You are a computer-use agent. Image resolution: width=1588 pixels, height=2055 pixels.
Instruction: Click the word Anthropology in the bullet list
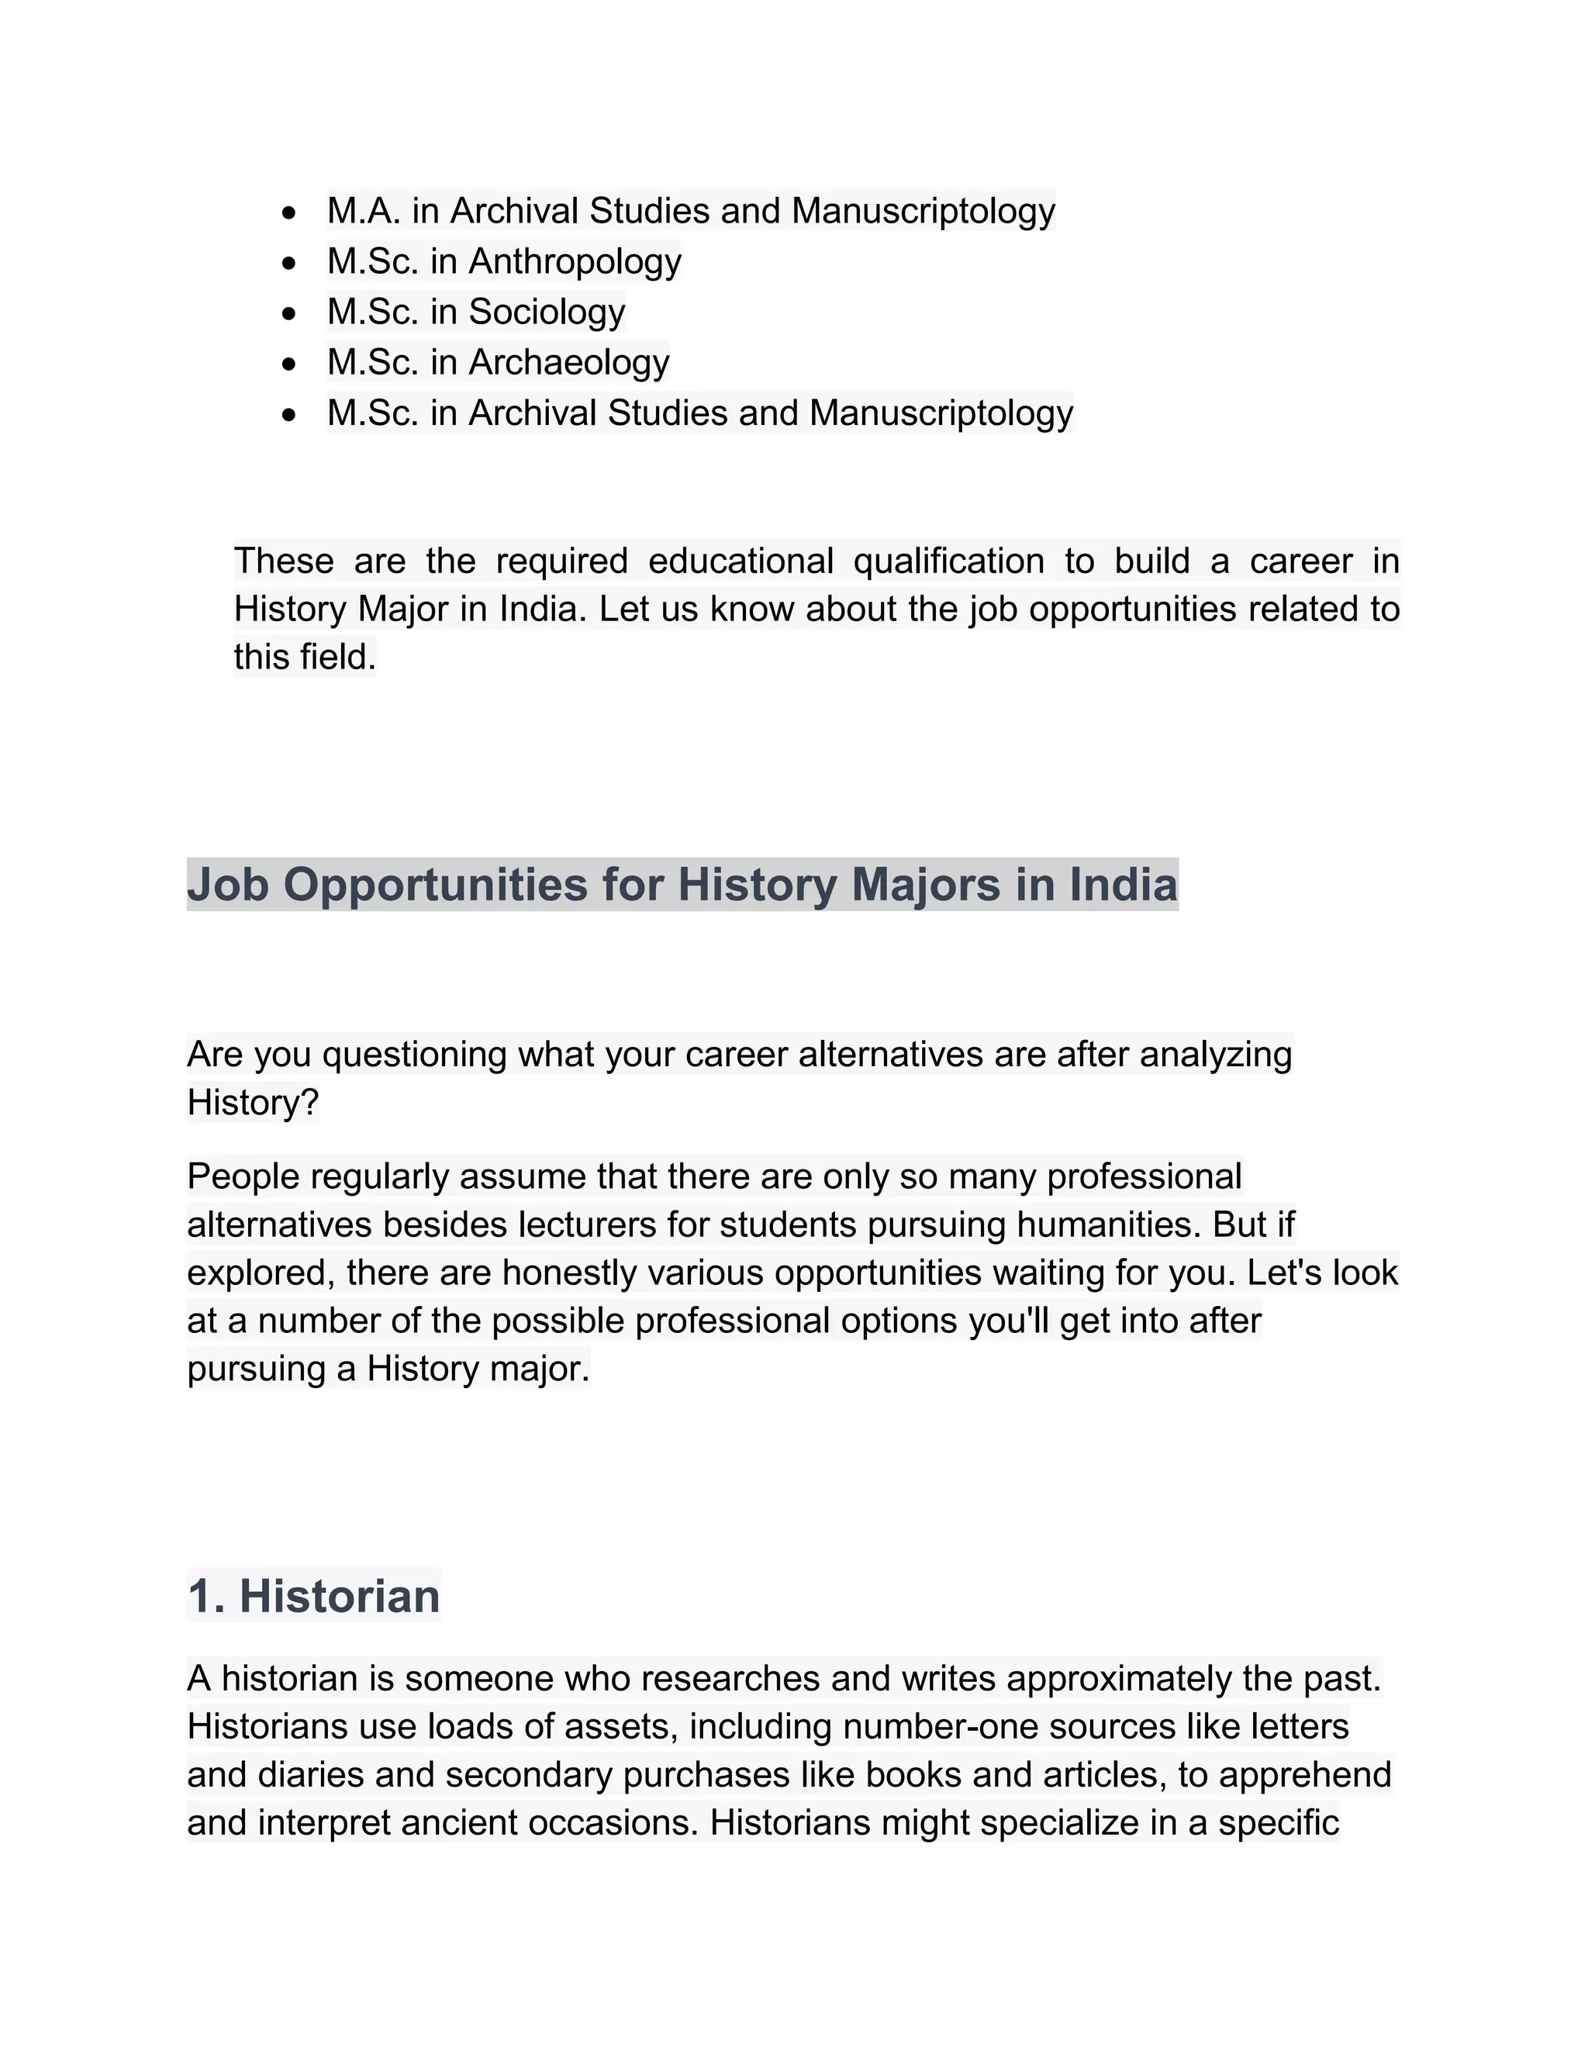pos(574,261)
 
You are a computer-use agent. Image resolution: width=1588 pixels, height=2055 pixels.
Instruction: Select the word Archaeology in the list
pos(568,362)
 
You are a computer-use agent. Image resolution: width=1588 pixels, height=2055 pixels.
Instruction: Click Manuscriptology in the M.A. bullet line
pos(923,211)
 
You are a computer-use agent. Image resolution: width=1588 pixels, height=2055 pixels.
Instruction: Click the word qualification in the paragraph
pos(948,561)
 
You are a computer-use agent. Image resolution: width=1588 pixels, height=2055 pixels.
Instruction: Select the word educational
pos(740,561)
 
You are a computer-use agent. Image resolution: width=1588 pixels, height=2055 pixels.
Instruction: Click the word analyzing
pos(1216,1054)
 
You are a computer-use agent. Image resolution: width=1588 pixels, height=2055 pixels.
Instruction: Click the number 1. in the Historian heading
pos(207,1597)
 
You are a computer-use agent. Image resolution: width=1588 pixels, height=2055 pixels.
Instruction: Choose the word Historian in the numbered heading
pos(340,1597)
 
